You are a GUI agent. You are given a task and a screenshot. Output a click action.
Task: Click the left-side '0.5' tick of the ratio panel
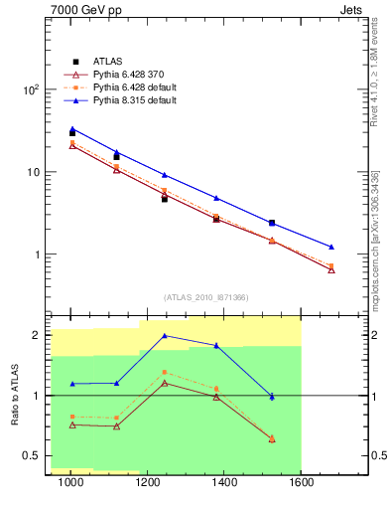32,456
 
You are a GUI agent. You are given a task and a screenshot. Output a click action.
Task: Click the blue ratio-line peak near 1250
165,335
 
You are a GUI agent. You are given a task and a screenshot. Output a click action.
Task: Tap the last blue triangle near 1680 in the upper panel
331,247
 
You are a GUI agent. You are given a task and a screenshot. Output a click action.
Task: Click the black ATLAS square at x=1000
71,132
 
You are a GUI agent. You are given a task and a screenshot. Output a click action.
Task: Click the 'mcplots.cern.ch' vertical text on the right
377,268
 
